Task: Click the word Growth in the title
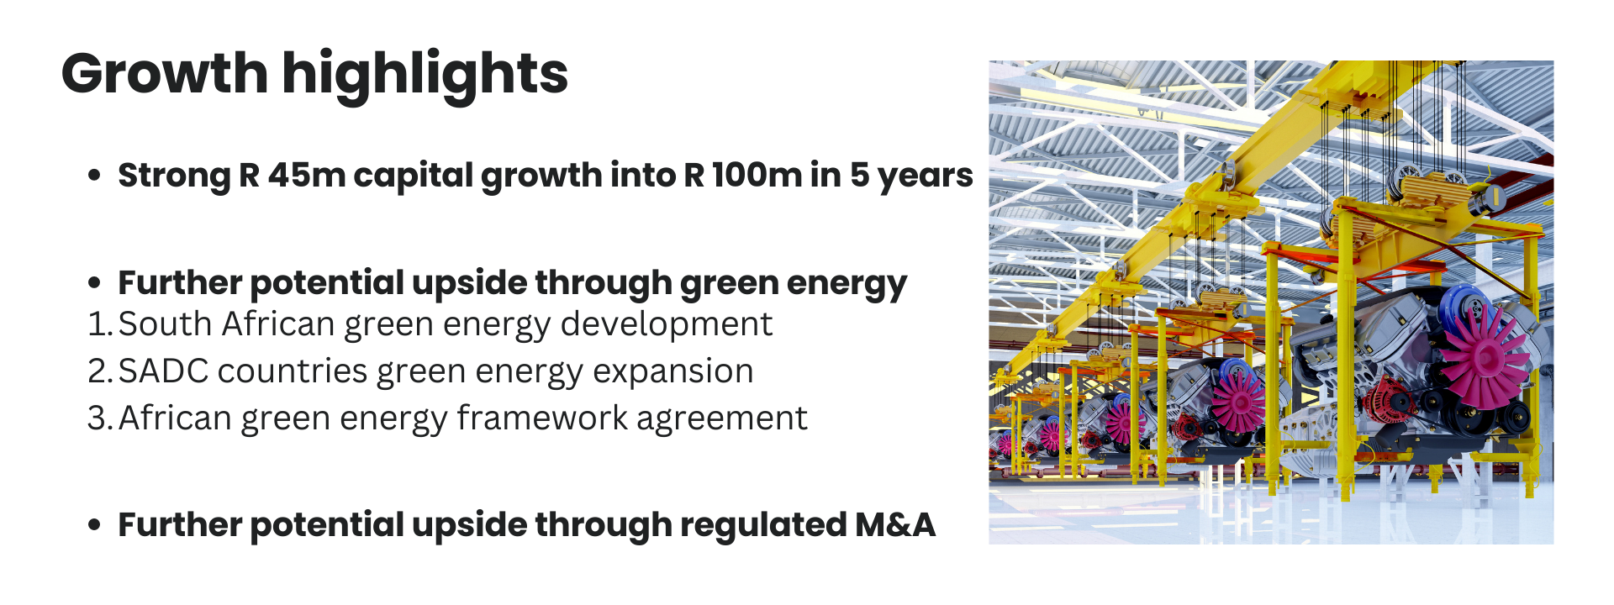164,74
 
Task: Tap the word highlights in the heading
425,74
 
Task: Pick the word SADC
163,371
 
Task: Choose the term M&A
894,525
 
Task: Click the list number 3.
98,418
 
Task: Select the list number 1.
97,324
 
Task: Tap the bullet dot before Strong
95,176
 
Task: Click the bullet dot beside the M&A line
95,525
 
